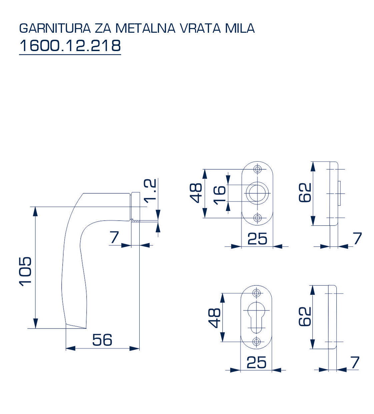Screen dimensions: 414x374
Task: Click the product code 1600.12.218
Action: tap(70, 46)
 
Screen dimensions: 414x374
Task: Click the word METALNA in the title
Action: tap(145, 28)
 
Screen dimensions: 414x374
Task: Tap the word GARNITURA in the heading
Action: tap(55, 28)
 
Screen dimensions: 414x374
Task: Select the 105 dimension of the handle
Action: tap(25, 270)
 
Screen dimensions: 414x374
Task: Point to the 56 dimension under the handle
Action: tap(102, 340)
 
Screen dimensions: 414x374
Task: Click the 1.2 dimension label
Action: tap(150, 191)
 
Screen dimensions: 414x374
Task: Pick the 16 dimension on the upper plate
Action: tap(219, 195)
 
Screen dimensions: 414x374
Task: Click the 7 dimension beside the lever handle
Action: tap(114, 237)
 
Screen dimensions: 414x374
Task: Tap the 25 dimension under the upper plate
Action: tap(257, 239)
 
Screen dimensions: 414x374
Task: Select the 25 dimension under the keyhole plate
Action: tap(256, 362)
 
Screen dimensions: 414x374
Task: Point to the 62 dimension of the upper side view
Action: tap(305, 193)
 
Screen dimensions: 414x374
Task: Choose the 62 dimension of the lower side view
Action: tap(305, 317)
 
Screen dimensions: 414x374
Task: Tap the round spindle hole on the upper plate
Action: tap(257, 193)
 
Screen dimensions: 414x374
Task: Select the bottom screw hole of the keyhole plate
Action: tap(256, 342)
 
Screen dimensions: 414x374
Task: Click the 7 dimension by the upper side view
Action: tap(357, 238)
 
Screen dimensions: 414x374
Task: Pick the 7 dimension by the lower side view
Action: tap(355, 362)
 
